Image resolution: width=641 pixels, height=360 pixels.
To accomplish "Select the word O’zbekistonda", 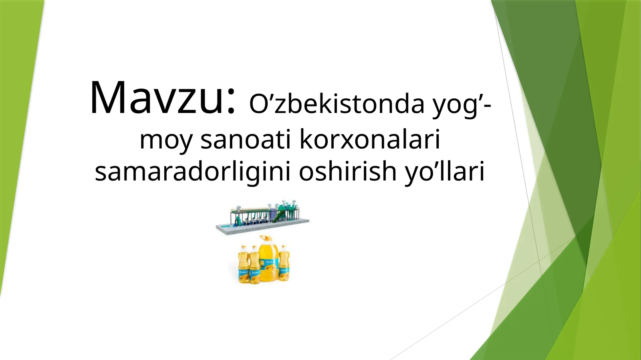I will [x=337, y=104].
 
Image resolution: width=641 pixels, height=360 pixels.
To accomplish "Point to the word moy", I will [x=166, y=140].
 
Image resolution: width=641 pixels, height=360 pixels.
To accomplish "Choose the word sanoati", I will [x=246, y=139].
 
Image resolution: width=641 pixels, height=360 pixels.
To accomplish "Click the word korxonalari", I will [x=370, y=139].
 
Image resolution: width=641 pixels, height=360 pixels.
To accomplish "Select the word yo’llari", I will [x=445, y=171].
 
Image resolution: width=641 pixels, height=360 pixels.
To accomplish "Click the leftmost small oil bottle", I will [x=243, y=265].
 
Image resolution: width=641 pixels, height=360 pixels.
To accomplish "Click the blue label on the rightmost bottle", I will [x=284, y=270].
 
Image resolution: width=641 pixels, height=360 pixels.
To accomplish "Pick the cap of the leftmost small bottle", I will [x=243, y=247].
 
